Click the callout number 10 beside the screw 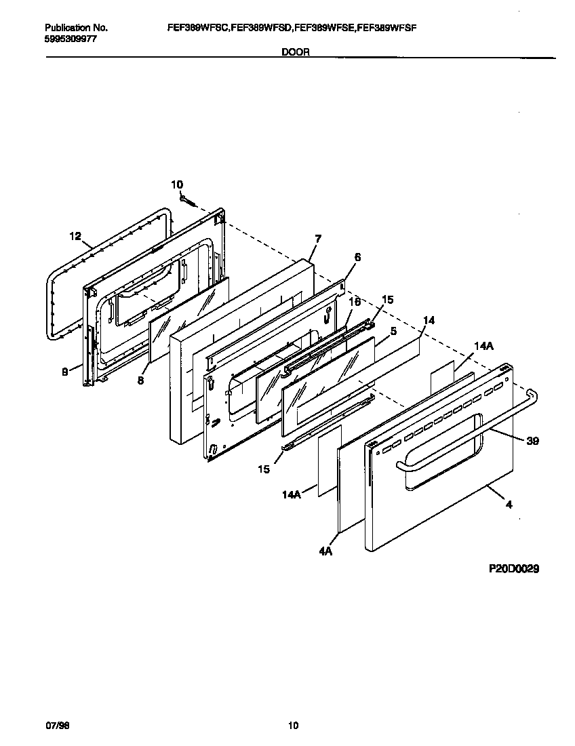[x=176, y=184]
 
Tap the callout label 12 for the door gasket [x=75, y=236]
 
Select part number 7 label [x=318, y=238]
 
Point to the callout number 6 [x=357, y=257]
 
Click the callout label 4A [x=325, y=552]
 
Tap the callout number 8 [x=141, y=381]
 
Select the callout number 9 [x=65, y=372]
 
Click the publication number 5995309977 [x=71, y=39]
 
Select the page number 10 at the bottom [x=293, y=726]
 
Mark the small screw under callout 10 [x=188, y=199]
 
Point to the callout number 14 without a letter [x=429, y=319]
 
